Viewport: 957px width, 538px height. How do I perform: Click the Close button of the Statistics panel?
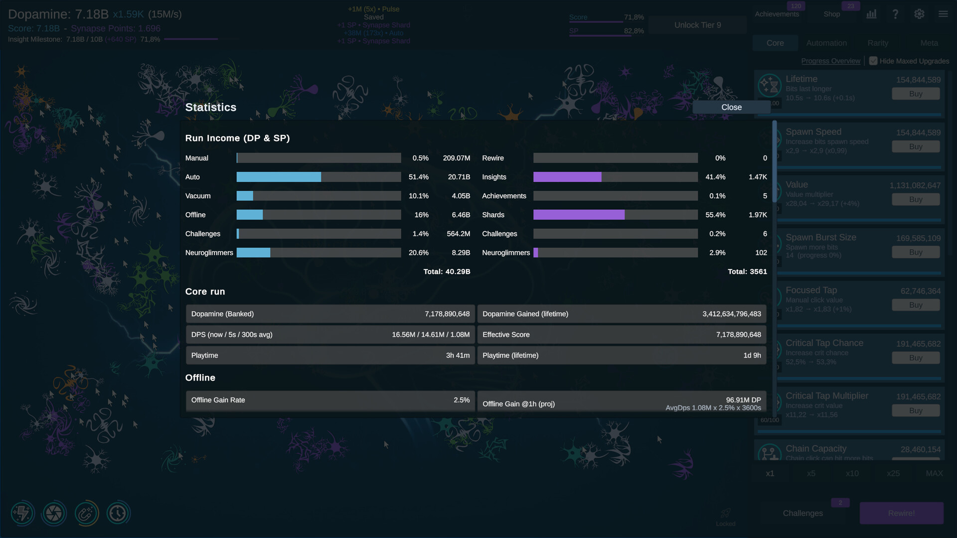pyautogui.click(x=731, y=107)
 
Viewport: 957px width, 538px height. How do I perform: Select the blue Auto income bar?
pyautogui.click(x=279, y=177)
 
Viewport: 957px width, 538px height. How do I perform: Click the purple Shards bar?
pyautogui.click(x=579, y=215)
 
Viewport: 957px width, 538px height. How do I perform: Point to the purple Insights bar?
pyautogui.click(x=567, y=177)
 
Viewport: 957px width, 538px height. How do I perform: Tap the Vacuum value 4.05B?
pyautogui.click(x=461, y=196)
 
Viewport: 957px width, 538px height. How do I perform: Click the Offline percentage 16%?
pyautogui.click(x=421, y=215)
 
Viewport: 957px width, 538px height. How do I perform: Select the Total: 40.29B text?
pyautogui.click(x=447, y=271)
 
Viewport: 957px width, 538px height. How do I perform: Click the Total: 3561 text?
pyautogui.click(x=747, y=271)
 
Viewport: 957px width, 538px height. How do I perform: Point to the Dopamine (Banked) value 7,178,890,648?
pyautogui.click(x=447, y=314)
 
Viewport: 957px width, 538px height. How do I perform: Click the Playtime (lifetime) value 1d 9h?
pyautogui.click(x=752, y=355)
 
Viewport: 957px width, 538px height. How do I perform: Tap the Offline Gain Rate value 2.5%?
pyautogui.click(x=461, y=400)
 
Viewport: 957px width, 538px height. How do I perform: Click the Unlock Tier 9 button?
pyautogui.click(x=697, y=25)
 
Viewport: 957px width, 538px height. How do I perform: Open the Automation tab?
pyautogui.click(x=826, y=43)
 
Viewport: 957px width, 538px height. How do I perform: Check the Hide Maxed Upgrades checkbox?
pyautogui.click(x=873, y=61)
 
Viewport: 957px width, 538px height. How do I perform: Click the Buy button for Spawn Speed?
pyautogui.click(x=915, y=146)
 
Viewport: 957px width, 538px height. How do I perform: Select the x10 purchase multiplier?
pyautogui.click(x=852, y=473)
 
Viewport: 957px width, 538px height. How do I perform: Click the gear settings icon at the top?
pyautogui.click(x=919, y=14)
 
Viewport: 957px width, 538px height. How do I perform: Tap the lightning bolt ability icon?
pyautogui.click(x=22, y=513)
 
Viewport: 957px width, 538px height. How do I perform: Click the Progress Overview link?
pyautogui.click(x=830, y=61)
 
